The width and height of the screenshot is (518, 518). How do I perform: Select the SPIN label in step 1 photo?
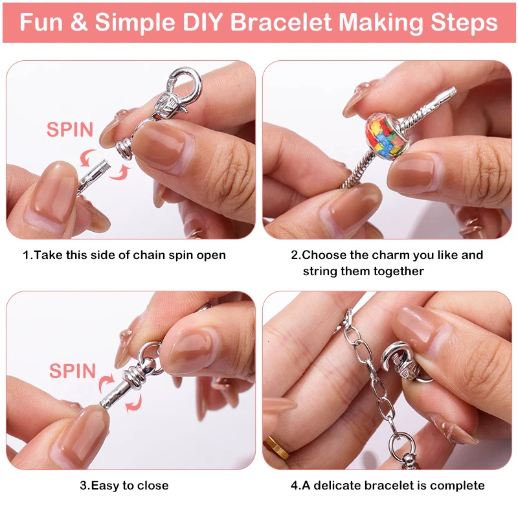coord(70,129)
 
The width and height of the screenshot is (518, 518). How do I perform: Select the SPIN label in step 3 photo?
coord(73,371)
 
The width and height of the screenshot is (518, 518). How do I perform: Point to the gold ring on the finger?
coord(276,446)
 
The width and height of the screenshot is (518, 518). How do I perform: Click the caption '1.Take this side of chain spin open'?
coord(124,255)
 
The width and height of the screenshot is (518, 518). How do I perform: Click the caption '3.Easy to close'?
coord(124,485)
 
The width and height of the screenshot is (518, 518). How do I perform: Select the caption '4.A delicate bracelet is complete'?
coord(387,485)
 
